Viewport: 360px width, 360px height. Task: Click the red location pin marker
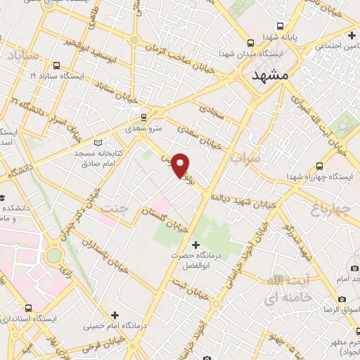coord(181,165)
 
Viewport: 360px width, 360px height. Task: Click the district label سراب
coord(245,159)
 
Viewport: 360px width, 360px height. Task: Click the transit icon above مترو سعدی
coord(145,117)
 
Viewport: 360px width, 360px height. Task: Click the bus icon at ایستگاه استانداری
coord(29,308)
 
